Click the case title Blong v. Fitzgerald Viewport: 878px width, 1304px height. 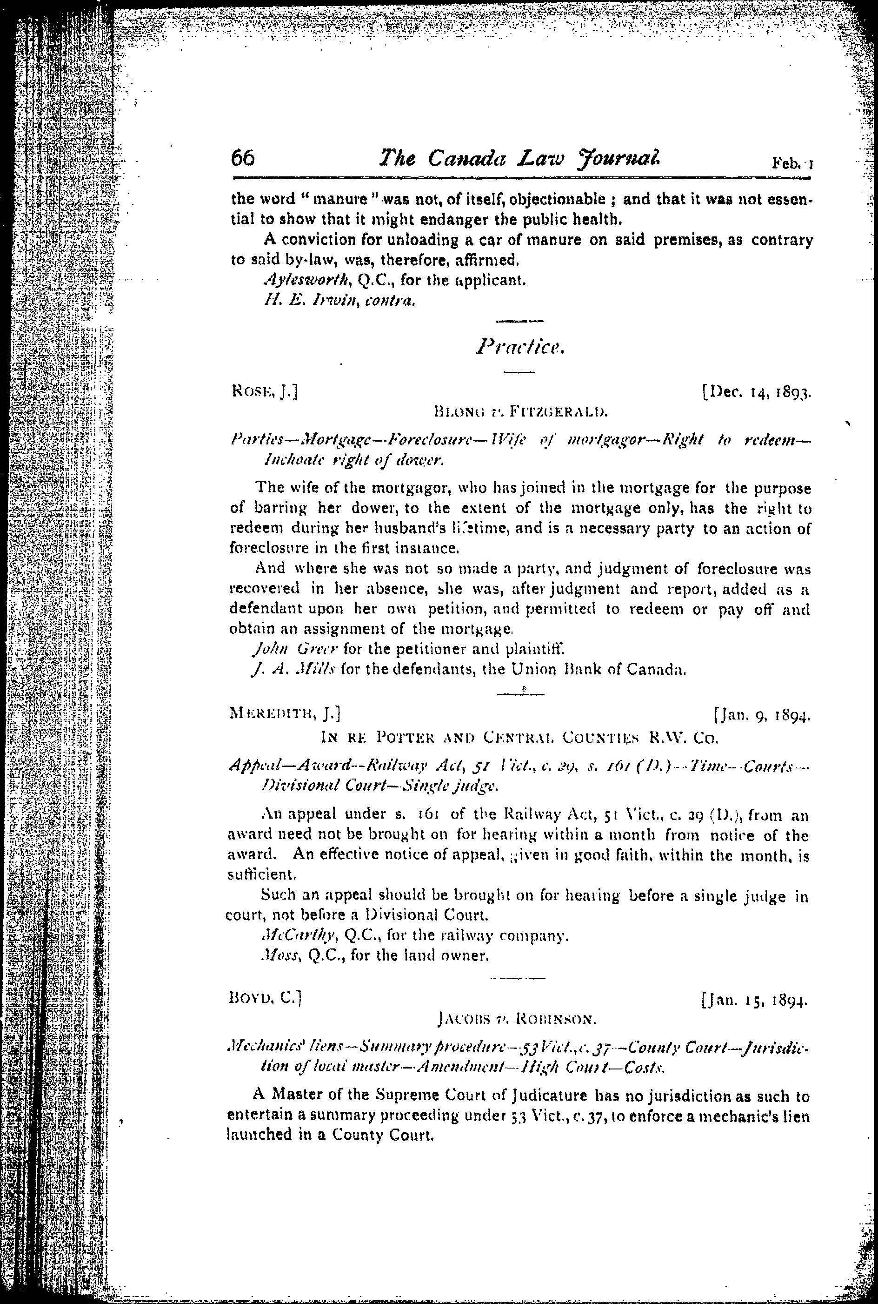(x=521, y=414)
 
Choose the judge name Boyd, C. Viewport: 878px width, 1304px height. (x=266, y=998)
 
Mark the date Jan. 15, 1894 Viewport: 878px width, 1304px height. (x=754, y=1000)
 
